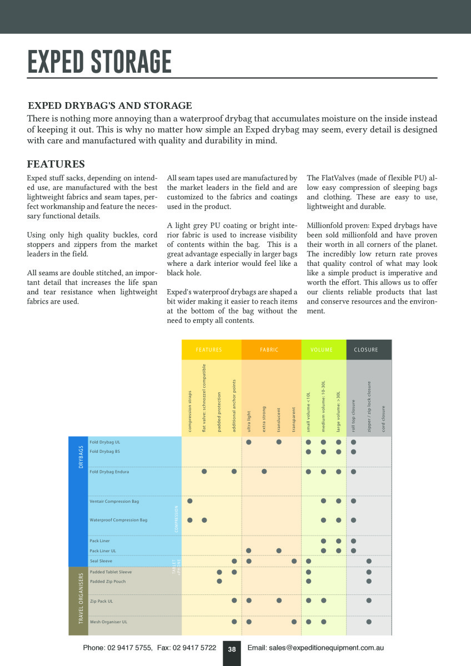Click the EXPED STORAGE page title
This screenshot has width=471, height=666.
pyautogui.click(x=99, y=62)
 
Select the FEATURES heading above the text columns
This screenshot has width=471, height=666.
pyautogui.click(x=56, y=164)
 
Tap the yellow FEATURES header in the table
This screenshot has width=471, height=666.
pyautogui.click(x=209, y=350)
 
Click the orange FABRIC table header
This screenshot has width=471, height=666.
pyautogui.click(x=269, y=350)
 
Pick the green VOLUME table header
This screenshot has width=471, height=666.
pyautogui.click(x=322, y=350)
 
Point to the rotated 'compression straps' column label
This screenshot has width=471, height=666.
pyautogui.click(x=190, y=411)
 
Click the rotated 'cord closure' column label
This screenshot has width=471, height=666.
pyautogui.click(x=383, y=419)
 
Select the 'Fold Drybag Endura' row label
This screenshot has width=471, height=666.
pyautogui.click(x=109, y=472)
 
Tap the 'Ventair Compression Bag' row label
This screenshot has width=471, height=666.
pyautogui.click(x=114, y=501)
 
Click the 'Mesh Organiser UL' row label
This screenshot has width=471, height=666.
pyautogui.click(x=108, y=622)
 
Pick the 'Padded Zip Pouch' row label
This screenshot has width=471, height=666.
pyautogui.click(x=107, y=582)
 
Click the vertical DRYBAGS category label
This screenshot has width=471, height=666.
pyautogui.click(x=81, y=457)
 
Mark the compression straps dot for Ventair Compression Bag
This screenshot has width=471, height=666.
pyautogui.click(x=190, y=501)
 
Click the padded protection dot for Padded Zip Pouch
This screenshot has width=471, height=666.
pyautogui.click(x=219, y=581)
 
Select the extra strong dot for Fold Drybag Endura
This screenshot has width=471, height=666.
pyautogui.click(x=264, y=472)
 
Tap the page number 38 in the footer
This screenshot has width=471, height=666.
pyautogui.click(x=232, y=649)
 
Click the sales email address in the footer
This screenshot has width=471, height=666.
pyautogui.click(x=315, y=648)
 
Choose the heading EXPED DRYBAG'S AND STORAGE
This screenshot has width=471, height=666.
pyautogui.click(x=110, y=105)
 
